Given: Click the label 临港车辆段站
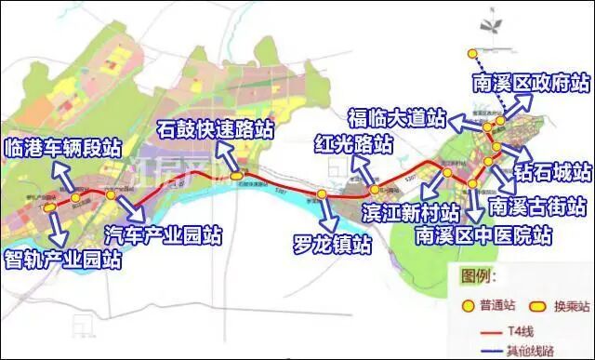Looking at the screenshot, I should (61, 146).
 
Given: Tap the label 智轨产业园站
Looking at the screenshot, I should (62, 260).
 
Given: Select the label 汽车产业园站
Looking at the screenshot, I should (163, 233).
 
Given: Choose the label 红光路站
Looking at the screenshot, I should (351, 145).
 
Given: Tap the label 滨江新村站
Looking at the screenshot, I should (410, 213).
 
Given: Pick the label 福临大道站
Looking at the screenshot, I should (396, 118).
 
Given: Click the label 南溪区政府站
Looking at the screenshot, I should (531, 84).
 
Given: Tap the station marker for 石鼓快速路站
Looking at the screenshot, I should (238, 174).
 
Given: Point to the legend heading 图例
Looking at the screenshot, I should (474, 276).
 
